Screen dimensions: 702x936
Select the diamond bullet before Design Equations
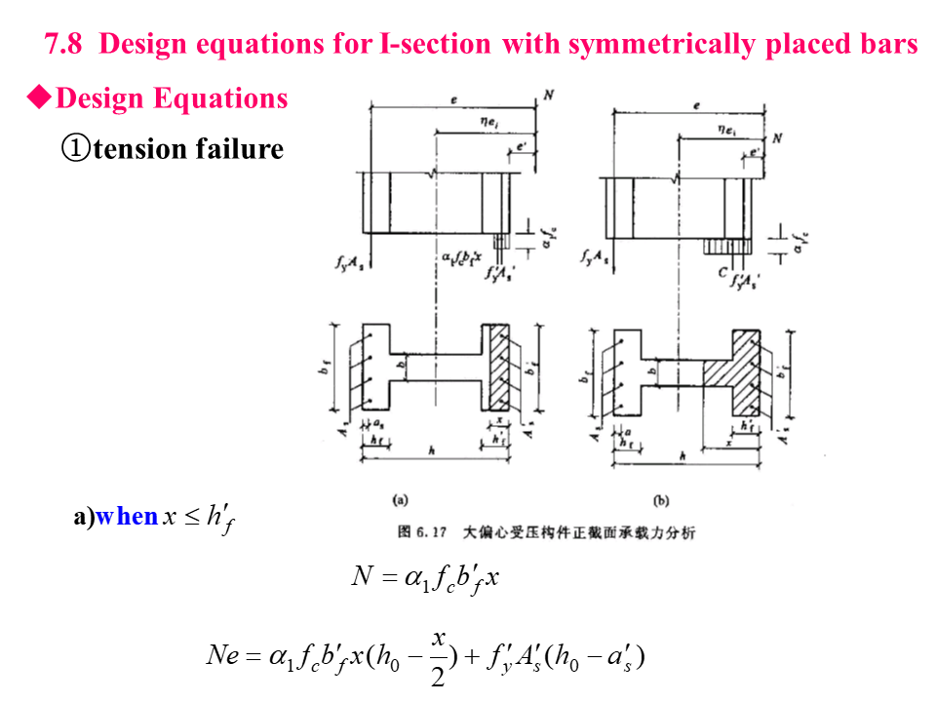tap(38, 98)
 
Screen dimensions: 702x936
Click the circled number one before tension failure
tap(75, 149)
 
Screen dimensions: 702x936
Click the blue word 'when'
tap(127, 517)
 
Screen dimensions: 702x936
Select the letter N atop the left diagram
tap(548, 96)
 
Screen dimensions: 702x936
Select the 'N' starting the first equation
tap(363, 577)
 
